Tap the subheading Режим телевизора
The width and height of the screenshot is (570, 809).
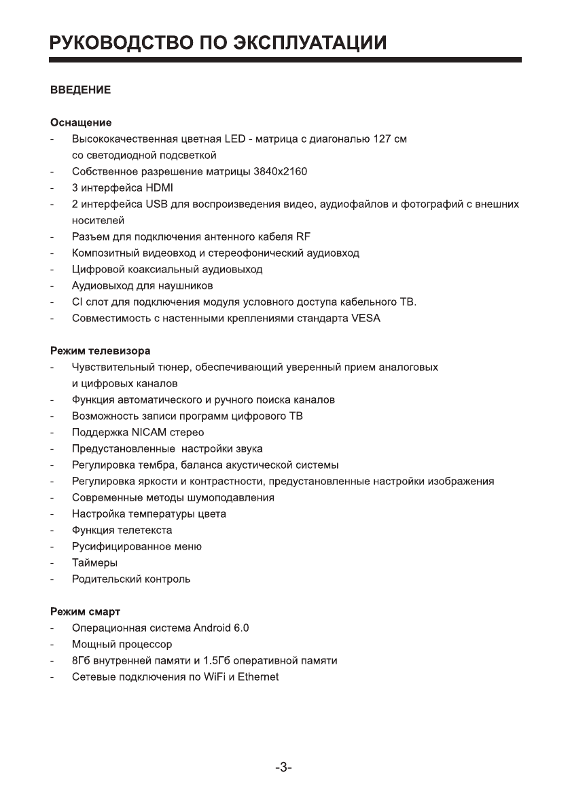coord(101,350)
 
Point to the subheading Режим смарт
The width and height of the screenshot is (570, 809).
coord(85,611)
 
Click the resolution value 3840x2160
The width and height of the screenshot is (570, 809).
coord(280,172)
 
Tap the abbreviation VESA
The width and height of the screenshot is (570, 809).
coord(366,319)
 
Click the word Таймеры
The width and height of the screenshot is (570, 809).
coord(95,562)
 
